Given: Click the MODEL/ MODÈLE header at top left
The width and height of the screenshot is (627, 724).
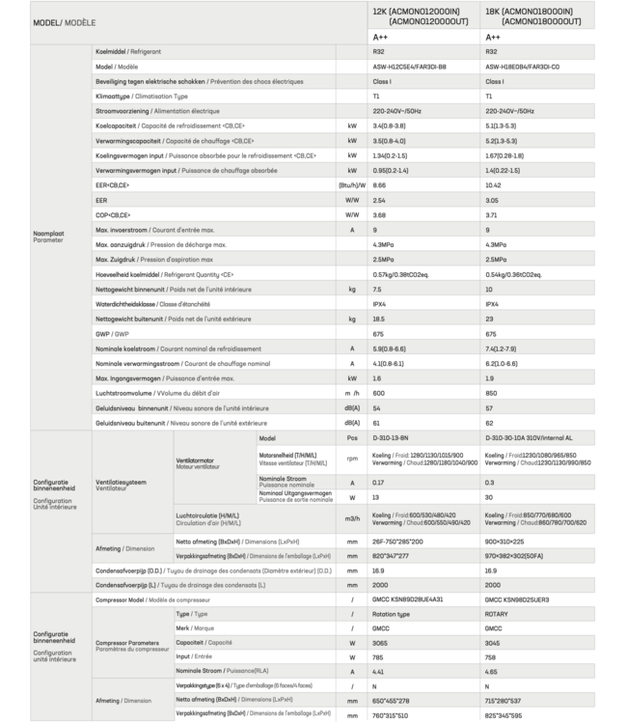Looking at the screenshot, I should point(63,19).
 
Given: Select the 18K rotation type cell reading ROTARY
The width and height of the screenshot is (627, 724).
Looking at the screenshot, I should point(497,614).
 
